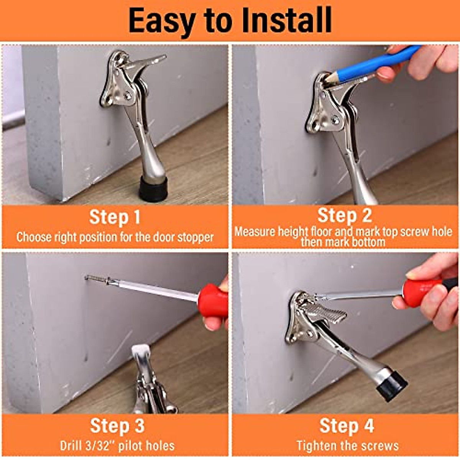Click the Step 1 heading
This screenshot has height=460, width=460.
click(115, 217)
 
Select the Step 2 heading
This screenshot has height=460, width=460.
click(344, 215)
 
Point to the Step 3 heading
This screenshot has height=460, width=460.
click(117, 426)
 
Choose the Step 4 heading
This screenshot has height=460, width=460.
click(347, 426)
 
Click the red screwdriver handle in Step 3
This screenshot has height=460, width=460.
click(213, 301)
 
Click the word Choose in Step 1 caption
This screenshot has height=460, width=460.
click(34, 237)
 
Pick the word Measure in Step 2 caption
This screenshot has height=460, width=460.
click(255, 232)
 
